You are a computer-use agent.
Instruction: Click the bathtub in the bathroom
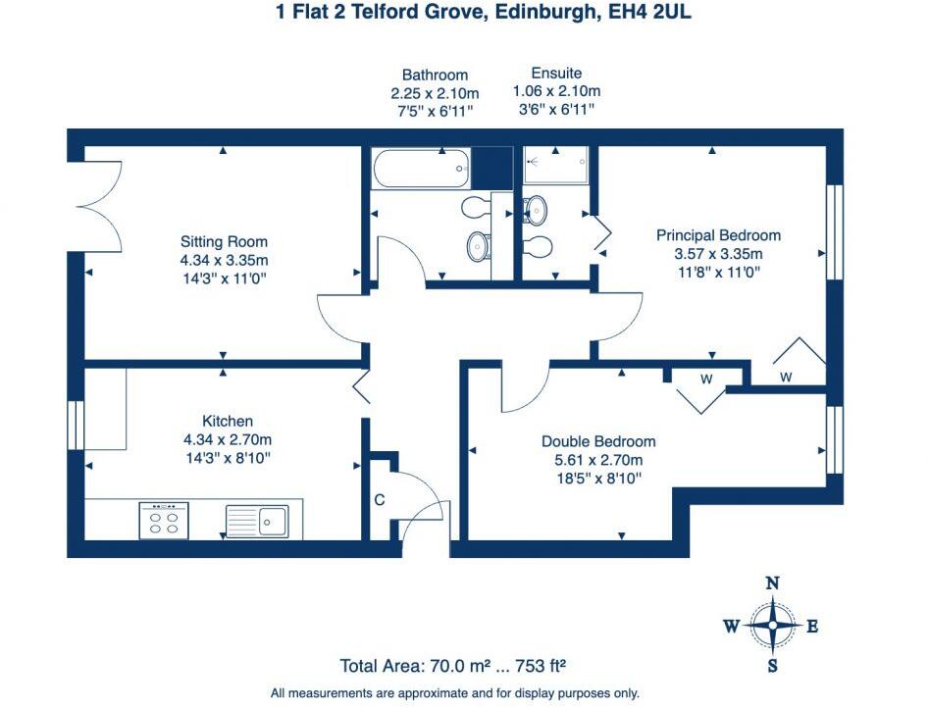pyautogui.click(x=420, y=167)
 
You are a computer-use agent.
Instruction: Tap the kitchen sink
pyautogui.click(x=257, y=520)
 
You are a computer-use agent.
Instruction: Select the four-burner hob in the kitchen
pyautogui.click(x=164, y=520)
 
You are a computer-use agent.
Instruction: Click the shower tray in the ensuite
pyautogui.click(x=555, y=166)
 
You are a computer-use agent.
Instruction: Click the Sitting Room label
pyautogui.click(x=224, y=241)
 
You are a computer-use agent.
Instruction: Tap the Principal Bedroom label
pyautogui.click(x=718, y=235)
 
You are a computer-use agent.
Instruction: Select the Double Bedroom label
pyautogui.click(x=598, y=441)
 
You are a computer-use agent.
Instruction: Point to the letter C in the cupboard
pyautogui.click(x=379, y=500)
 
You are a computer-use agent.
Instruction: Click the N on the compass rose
pyautogui.click(x=773, y=583)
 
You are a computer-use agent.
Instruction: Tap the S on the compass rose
pyautogui.click(x=773, y=667)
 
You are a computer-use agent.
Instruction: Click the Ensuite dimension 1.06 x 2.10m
pyautogui.click(x=556, y=91)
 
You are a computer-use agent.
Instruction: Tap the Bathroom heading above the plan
pyautogui.click(x=435, y=75)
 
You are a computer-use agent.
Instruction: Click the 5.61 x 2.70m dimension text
pyautogui.click(x=598, y=460)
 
